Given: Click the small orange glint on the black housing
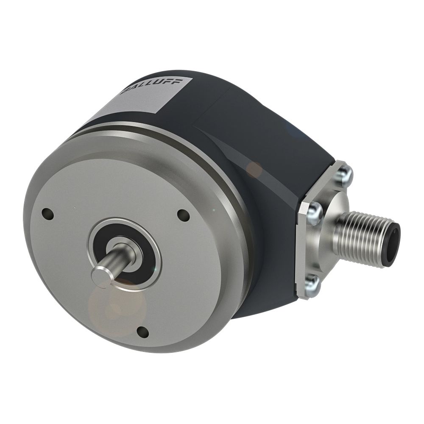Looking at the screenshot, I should (x=255, y=168).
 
